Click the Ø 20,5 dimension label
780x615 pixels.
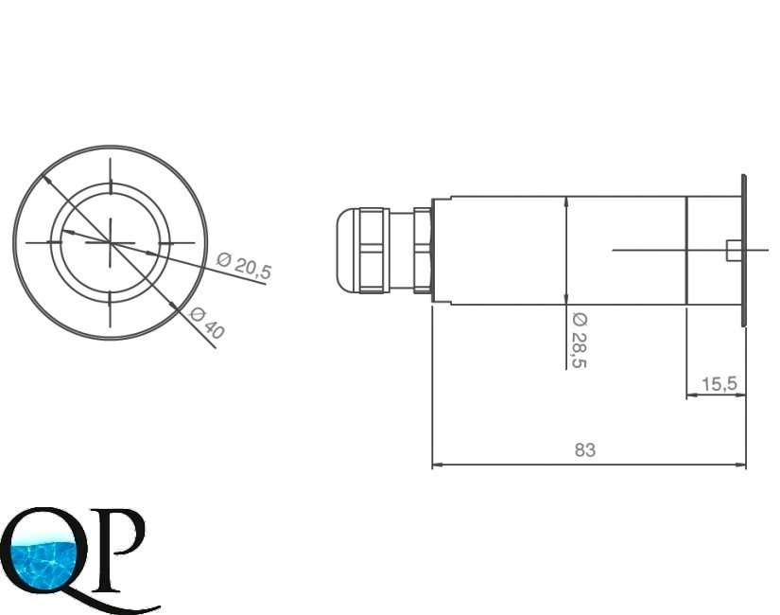click(x=245, y=266)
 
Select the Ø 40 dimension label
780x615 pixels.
click(x=207, y=323)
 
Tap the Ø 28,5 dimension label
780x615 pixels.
click(x=580, y=341)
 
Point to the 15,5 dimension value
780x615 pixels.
click(x=719, y=384)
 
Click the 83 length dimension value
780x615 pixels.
click(x=585, y=449)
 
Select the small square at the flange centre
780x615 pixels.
click(x=733, y=250)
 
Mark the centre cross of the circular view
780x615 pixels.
click(x=111, y=242)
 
